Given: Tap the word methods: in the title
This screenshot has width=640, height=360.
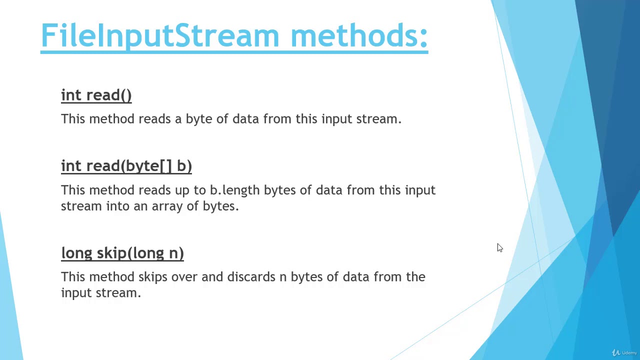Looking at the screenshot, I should pyautogui.click(x=359, y=36).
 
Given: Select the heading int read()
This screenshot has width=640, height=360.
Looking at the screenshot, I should pyautogui.click(x=96, y=95).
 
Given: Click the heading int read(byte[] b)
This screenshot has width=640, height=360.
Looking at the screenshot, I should pyautogui.click(x=126, y=166).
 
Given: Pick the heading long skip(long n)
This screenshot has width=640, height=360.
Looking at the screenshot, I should pyautogui.click(x=122, y=253).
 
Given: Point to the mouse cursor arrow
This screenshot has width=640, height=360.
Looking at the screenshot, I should pyautogui.click(x=499, y=247).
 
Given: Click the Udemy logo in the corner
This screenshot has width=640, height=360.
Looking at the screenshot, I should pyautogui.click(x=624, y=352).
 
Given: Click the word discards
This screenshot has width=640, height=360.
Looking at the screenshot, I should pyautogui.click(x=251, y=277).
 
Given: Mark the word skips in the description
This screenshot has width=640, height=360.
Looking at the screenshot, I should pyautogui.click(x=153, y=277).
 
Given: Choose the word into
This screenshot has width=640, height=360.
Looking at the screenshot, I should pyautogui.click(x=117, y=206).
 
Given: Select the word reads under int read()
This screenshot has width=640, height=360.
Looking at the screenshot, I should pyautogui.click(x=154, y=119).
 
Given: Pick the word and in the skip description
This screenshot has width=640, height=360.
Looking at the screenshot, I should pyautogui.click(x=212, y=277).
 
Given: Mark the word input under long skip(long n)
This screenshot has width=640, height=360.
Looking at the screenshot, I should pyautogui.click(x=76, y=293).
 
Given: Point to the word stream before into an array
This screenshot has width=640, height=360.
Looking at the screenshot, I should pyautogui.click(x=81, y=206).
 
